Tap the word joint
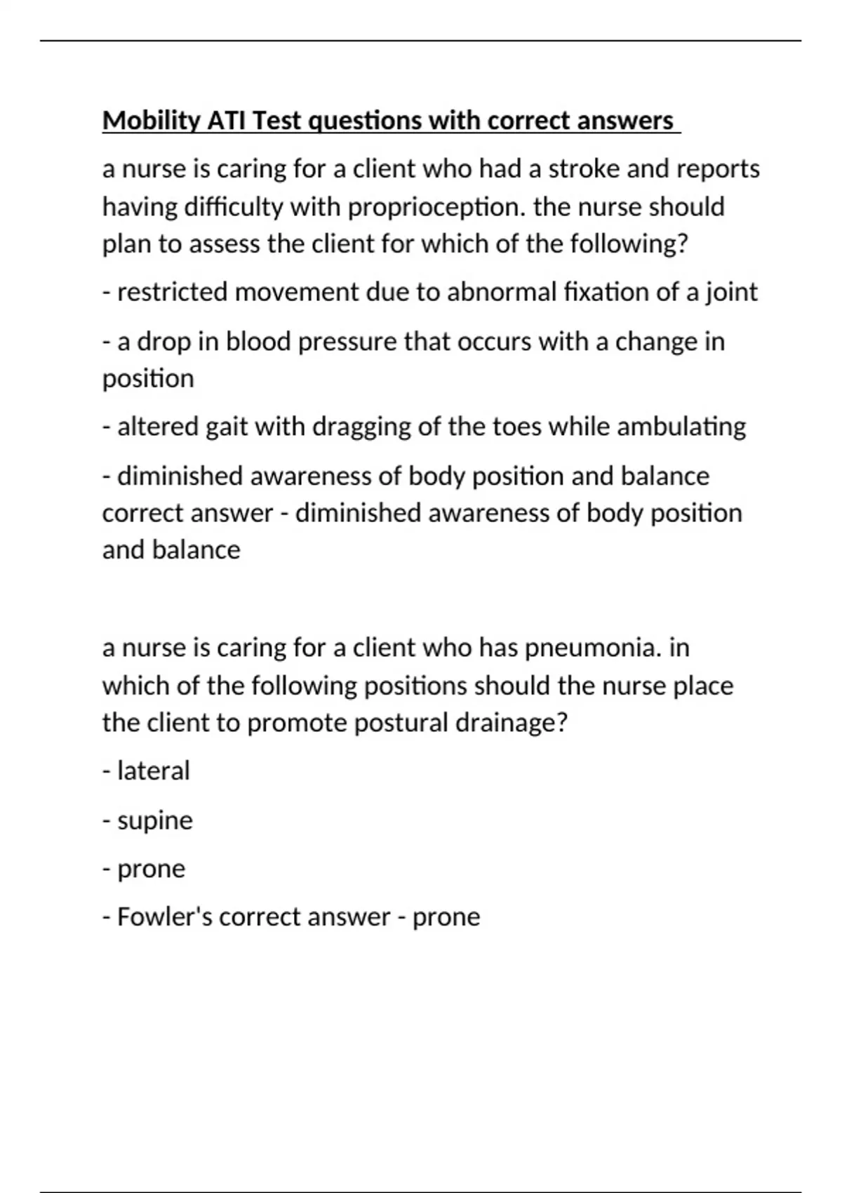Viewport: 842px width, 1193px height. [731, 292]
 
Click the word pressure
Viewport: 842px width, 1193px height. [351, 342]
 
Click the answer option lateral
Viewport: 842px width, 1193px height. [153, 771]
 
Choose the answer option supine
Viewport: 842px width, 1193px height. [154, 821]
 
